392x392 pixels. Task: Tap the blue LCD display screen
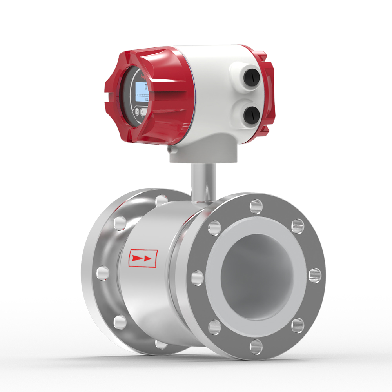click(142, 90)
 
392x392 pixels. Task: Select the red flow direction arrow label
click(143, 258)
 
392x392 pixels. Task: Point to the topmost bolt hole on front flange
click(256, 205)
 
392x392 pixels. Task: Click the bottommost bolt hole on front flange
click(256, 347)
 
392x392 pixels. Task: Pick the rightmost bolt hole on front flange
click(315, 275)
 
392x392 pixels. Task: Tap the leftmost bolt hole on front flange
click(197, 278)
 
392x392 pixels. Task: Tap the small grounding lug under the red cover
click(169, 149)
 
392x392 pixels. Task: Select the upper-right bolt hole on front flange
click(298, 226)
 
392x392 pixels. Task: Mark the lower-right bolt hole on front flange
click(298, 325)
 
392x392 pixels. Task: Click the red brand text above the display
click(140, 73)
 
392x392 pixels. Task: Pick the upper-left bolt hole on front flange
click(214, 227)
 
